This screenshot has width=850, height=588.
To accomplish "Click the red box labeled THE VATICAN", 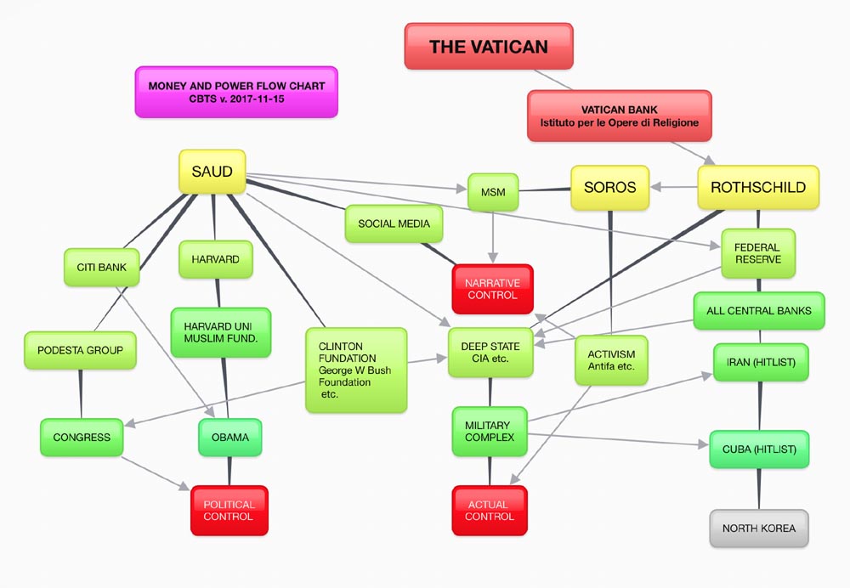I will click(489, 46).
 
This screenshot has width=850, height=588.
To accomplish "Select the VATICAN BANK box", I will click(619, 116).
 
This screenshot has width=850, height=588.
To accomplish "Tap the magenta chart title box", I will click(236, 92).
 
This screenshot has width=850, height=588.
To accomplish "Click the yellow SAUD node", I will click(212, 172).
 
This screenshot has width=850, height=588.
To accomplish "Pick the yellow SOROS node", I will click(609, 187).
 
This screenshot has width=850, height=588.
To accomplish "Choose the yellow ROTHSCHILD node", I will click(758, 187).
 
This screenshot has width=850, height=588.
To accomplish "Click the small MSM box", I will click(493, 192).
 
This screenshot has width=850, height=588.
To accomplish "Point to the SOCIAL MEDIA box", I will click(394, 223).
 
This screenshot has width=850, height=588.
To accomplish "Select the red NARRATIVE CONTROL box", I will click(492, 289).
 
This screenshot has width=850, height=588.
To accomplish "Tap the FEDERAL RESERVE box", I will click(758, 253).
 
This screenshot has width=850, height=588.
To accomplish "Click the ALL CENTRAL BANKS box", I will click(758, 310).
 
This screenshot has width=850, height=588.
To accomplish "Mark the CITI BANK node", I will click(101, 267).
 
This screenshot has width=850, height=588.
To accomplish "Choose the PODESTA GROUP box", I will click(81, 350).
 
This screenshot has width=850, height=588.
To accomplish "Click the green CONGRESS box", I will click(82, 438).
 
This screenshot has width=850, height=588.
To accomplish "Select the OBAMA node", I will click(230, 438).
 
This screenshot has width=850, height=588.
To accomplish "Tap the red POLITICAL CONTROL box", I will click(229, 511).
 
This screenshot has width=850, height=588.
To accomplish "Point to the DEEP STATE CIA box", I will click(490, 353).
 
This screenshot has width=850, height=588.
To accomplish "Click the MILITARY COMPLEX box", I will click(490, 431).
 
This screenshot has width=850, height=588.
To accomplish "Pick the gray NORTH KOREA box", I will click(759, 529).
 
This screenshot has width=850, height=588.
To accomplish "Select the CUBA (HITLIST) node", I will click(759, 449).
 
